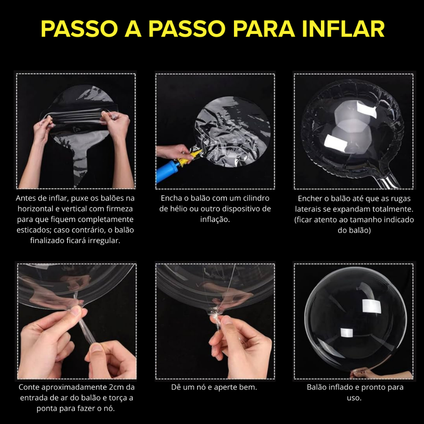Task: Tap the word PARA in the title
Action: coord(264,29)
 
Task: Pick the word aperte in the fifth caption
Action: coord(224,388)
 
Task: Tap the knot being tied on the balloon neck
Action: coord(215,315)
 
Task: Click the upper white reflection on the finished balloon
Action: coord(371,306)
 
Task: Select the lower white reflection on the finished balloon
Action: coord(347,333)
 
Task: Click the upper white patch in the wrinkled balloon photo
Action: coord(366,110)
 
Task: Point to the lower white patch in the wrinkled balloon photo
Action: coord(336,142)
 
